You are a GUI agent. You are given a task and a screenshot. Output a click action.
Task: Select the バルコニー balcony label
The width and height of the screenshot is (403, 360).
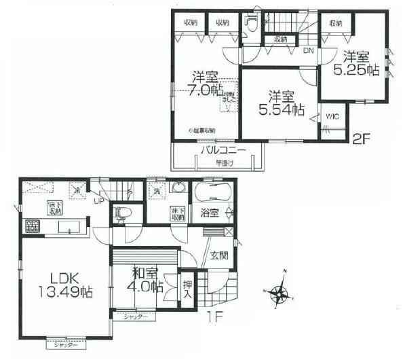221,149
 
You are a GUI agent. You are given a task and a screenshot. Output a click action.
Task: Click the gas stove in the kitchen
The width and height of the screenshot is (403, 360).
31,226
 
